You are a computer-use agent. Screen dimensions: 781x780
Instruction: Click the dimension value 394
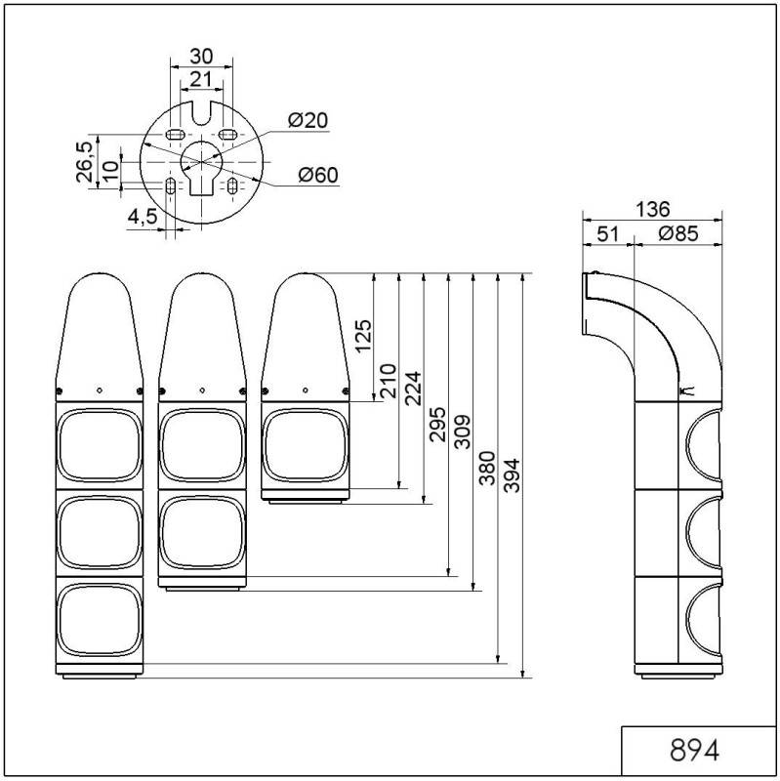click(511, 473)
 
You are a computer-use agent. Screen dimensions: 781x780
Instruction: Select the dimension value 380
click(486, 473)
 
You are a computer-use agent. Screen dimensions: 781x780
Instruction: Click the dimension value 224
click(411, 388)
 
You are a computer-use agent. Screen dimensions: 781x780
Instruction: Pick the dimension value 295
click(436, 424)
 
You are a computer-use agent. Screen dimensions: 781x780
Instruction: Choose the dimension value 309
click(462, 431)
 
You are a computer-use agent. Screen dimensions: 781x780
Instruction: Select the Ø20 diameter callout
click(308, 120)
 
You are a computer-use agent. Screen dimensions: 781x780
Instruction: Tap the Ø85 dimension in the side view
click(677, 234)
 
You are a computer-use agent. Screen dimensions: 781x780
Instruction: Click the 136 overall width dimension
click(651, 209)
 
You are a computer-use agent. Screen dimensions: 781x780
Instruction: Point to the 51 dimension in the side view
click(606, 234)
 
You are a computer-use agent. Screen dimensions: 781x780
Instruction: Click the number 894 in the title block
click(695, 751)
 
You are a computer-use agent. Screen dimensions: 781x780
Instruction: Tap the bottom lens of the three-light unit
click(98, 619)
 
